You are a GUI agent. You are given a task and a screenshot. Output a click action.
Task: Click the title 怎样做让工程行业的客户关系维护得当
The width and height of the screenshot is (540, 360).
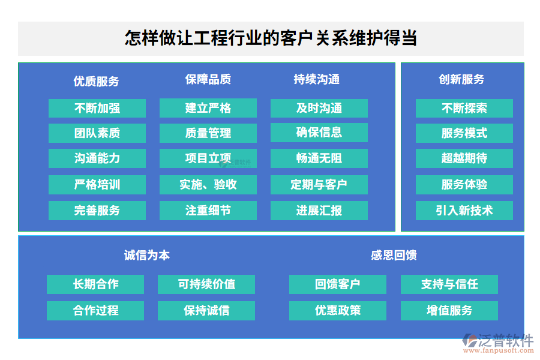tap(271, 38)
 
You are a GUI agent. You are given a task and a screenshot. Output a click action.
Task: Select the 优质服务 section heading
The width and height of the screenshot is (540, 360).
tap(96, 82)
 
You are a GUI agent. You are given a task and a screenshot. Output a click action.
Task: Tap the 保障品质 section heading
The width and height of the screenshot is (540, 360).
tap(208, 79)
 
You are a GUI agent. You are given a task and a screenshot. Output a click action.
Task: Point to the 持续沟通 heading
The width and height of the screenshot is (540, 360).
tap(316, 79)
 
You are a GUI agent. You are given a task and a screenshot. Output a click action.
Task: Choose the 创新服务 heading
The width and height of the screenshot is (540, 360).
tap(461, 79)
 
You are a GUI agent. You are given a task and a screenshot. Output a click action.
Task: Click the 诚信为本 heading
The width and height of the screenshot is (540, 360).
tap(147, 255)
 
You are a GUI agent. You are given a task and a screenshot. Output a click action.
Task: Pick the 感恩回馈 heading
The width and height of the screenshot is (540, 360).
tap(394, 255)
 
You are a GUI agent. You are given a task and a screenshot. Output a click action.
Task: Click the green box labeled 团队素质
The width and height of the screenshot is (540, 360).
tap(97, 133)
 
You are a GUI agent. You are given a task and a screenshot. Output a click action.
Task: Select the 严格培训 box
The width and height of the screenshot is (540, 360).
tap(97, 185)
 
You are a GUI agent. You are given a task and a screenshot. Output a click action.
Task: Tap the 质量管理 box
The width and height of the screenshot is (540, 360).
tap(208, 133)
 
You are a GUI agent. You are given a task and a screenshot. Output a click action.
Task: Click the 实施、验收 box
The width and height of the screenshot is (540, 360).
tap(208, 185)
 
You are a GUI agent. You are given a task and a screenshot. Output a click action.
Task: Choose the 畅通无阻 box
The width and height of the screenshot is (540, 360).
tap(319, 158)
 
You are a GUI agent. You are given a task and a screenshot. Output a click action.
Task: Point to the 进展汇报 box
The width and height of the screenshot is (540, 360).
tap(319, 211)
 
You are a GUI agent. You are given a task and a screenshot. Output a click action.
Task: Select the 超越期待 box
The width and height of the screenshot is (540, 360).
tap(464, 158)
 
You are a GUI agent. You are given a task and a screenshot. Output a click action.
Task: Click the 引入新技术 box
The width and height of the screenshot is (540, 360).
tap(464, 211)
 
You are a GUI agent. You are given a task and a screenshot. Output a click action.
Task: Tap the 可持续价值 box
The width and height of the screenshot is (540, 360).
tap(206, 284)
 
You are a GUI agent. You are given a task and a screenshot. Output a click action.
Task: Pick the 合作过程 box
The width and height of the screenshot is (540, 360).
tap(95, 311)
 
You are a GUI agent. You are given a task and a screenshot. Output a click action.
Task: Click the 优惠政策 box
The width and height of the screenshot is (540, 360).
tap(337, 311)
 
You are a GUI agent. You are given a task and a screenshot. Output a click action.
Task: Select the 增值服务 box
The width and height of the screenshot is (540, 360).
tap(449, 311)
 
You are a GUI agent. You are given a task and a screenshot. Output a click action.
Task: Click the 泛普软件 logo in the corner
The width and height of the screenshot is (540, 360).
tap(498, 343)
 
